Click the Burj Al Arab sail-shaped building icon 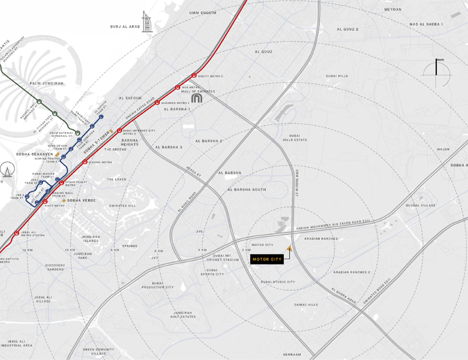[x=147, y=22]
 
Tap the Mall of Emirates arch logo [x=197, y=97]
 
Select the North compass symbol [x=437, y=71]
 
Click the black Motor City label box [x=267, y=259]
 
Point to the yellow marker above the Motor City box [x=289, y=248]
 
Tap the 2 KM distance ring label [x=246, y=250]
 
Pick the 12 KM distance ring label [x=28, y=250]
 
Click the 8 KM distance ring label [x=115, y=250]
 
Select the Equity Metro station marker [x=194, y=76]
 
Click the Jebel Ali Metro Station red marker [x=17, y=233]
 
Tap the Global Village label [x=421, y=205]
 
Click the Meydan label [x=393, y=10]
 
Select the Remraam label [x=292, y=354]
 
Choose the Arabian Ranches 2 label [x=352, y=272]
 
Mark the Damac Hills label [x=306, y=305]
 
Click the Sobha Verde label [x=81, y=200]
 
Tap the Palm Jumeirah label [x=47, y=83]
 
